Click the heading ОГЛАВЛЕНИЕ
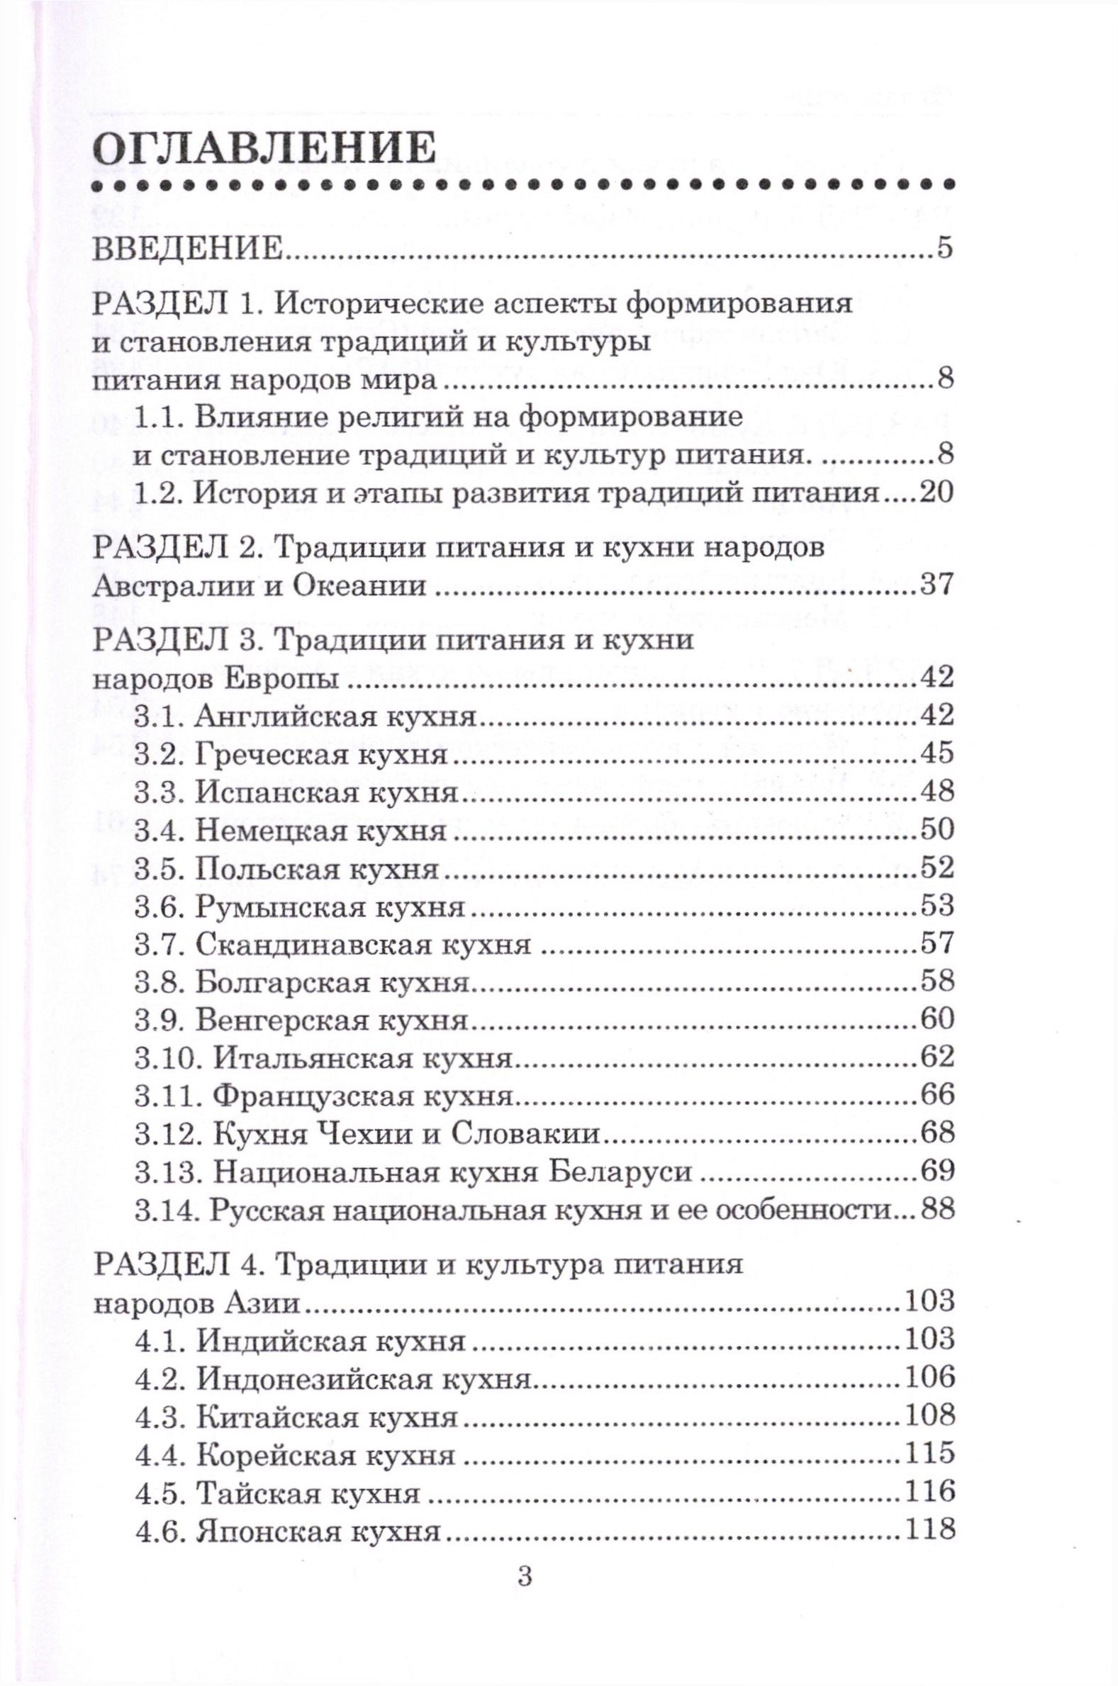[264, 150]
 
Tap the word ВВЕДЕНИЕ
[189, 252]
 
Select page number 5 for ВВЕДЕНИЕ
[945, 251]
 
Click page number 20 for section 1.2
[936, 493]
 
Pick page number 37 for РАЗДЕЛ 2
[937, 587]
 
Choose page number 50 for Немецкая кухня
[937, 830]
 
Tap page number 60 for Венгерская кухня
[937, 1021]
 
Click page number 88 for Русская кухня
[937, 1210]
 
